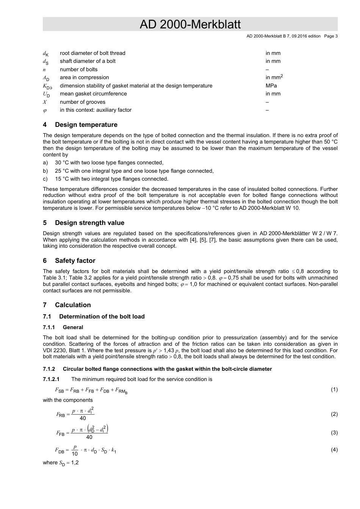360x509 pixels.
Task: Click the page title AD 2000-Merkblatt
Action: [x=190, y=25]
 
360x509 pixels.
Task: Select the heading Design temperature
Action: [x=86, y=125]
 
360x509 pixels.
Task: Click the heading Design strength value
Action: [x=89, y=223]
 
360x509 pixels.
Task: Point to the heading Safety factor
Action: [x=75, y=261]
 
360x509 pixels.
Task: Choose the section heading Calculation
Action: [x=73, y=305]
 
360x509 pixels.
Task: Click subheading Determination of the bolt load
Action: [x=102, y=317]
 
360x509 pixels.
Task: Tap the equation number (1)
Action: [x=334, y=390]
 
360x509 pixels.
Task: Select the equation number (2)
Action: [x=334, y=414]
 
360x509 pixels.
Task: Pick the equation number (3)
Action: [x=334, y=432]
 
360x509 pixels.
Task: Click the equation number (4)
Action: [x=334, y=450]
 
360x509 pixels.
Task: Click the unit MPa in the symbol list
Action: [x=271, y=86]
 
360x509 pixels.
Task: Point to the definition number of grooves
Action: [x=83, y=102]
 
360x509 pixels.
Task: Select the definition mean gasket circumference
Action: [x=93, y=94]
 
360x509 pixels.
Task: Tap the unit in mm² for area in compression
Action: [x=274, y=77]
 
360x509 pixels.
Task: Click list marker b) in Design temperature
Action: [x=45, y=171]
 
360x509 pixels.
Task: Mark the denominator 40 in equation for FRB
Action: [x=83, y=418]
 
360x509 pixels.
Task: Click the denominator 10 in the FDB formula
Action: [x=75, y=454]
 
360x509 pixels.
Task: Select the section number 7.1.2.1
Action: [x=51, y=379]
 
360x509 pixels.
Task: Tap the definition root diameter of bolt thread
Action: [x=92, y=53]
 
